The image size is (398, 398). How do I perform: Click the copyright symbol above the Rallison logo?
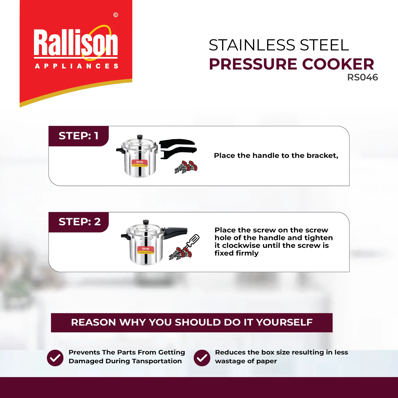[116, 15]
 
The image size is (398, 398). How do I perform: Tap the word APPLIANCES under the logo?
[76, 66]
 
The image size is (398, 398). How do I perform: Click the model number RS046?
[362, 77]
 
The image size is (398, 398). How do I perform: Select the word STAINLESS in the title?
[252, 45]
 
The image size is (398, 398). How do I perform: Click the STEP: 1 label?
[79, 136]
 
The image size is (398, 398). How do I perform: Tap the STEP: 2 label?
[80, 222]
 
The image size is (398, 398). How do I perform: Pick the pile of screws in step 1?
[186, 167]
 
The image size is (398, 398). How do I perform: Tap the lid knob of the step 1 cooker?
[140, 137]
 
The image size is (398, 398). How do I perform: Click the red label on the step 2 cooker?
[146, 250]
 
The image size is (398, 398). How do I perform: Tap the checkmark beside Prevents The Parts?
[55, 358]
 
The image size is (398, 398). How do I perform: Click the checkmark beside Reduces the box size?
[202, 358]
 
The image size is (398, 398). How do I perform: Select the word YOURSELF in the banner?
[284, 322]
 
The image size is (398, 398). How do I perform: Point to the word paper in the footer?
[266, 362]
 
